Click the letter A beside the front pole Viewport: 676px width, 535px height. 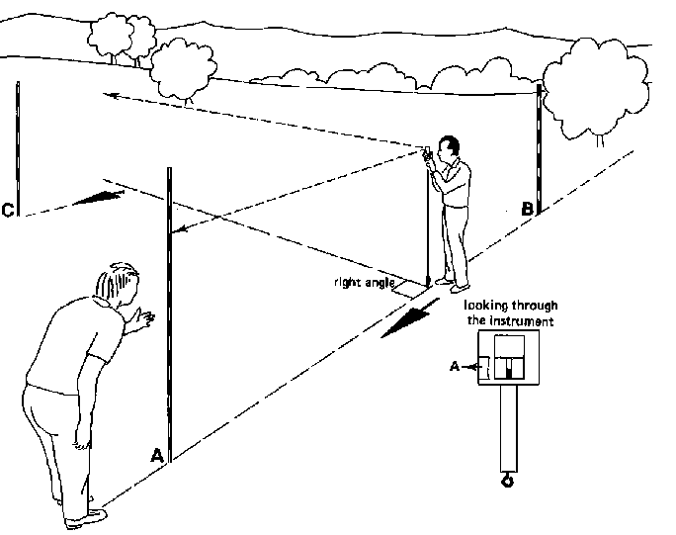[x=156, y=455]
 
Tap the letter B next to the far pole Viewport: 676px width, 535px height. [x=528, y=210]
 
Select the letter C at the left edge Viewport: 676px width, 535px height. [x=8, y=210]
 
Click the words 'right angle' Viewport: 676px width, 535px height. [x=363, y=282]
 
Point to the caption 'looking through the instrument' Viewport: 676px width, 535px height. [x=508, y=314]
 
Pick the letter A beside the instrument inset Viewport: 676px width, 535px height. [x=455, y=366]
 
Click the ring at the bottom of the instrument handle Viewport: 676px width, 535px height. [x=508, y=481]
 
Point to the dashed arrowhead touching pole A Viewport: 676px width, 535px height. [x=179, y=232]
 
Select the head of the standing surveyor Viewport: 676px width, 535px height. [x=450, y=149]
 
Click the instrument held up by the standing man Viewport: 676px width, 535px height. [x=429, y=152]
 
